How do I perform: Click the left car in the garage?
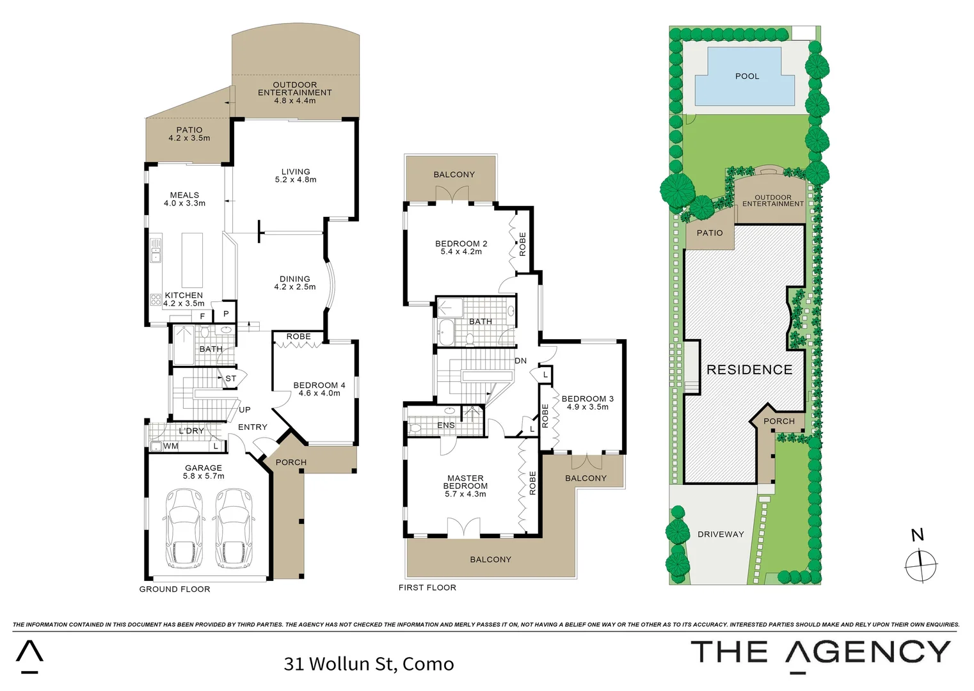point(183,528)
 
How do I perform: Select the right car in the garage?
point(232,528)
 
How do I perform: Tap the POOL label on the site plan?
point(747,76)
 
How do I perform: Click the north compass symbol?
point(920,564)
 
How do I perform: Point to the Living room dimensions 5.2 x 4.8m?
point(296,180)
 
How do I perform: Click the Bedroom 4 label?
point(319,385)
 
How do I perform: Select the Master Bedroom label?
point(465,482)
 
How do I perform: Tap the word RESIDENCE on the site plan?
point(749,370)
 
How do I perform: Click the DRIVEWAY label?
point(721,534)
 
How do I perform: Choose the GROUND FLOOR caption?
point(175,589)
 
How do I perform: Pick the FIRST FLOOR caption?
point(427,587)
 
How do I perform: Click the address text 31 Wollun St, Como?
point(369,664)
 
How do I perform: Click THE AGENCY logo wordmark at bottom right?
point(820,653)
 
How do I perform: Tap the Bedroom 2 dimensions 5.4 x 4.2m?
point(461,252)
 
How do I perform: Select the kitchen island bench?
point(192,260)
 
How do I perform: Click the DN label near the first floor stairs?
point(521,361)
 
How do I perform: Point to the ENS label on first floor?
point(446,425)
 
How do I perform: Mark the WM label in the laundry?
point(171,446)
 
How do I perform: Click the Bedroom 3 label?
point(587,399)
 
